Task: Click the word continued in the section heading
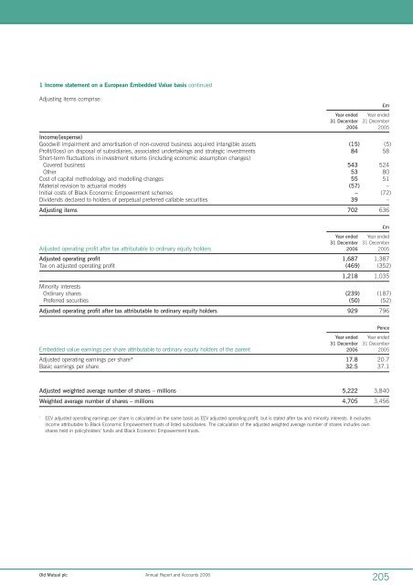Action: pos(195,83)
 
